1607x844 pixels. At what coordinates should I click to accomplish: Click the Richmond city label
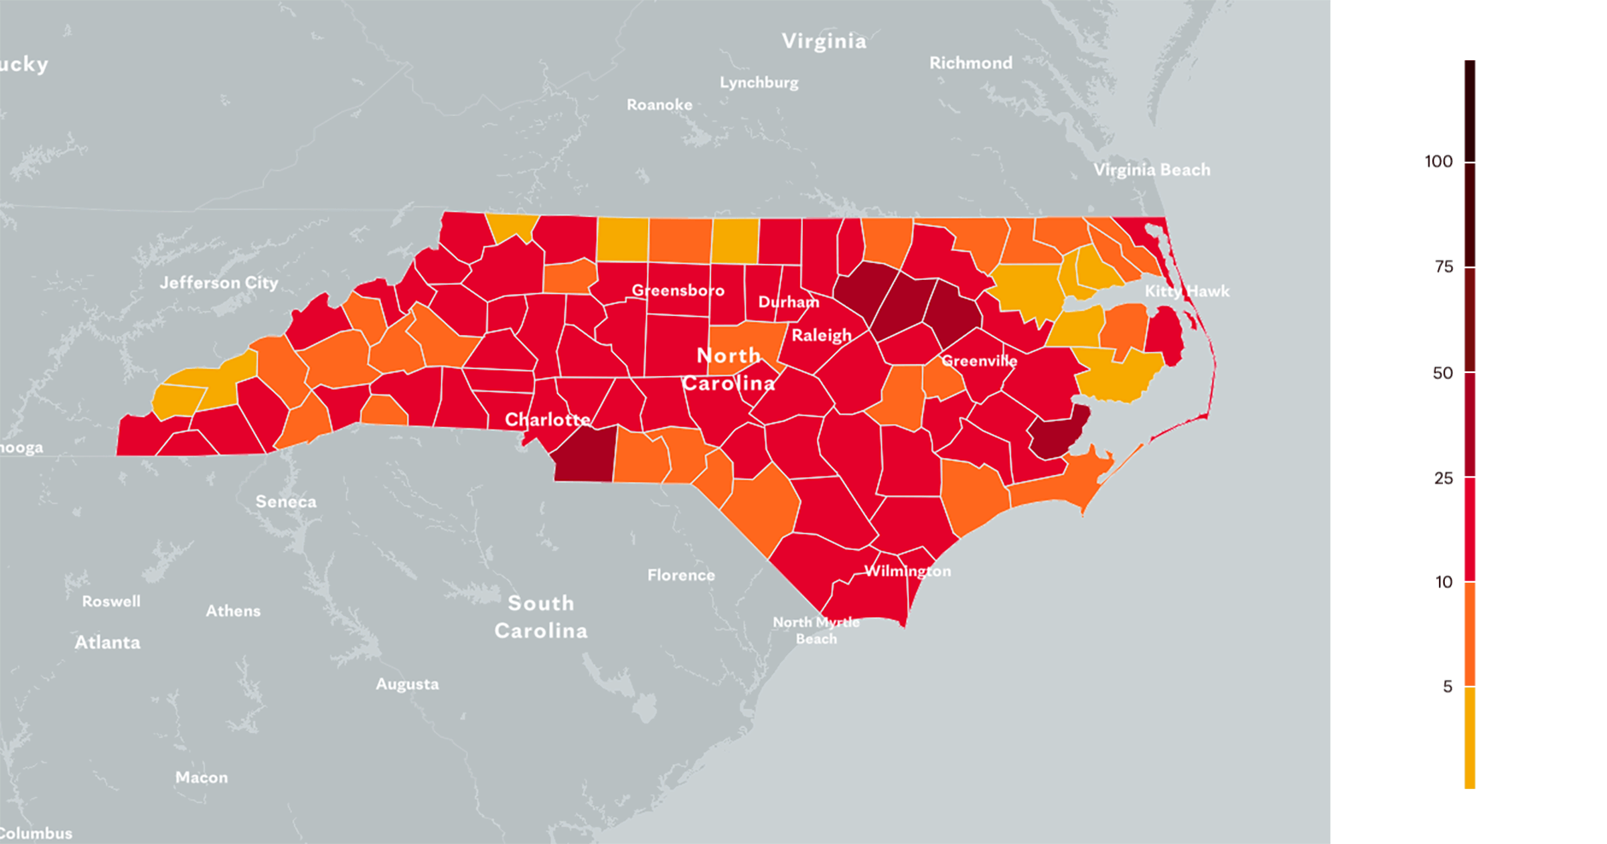970,63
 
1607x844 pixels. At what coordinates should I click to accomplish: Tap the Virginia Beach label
1152,169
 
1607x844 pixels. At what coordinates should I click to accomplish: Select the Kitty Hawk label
1187,291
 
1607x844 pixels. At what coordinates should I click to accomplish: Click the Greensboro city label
678,290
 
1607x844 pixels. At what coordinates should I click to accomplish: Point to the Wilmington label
907,571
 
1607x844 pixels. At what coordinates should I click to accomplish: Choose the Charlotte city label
547,419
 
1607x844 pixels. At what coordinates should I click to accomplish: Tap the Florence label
681,575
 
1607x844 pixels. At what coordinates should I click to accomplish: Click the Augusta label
407,684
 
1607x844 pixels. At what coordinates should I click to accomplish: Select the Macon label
202,777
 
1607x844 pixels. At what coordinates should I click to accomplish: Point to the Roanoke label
659,104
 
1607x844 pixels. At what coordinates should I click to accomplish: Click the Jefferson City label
219,283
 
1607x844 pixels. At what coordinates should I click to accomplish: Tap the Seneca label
286,501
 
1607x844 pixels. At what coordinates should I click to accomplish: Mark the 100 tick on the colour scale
1470,161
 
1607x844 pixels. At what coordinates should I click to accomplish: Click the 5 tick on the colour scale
1470,686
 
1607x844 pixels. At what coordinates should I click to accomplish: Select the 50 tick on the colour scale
1470,372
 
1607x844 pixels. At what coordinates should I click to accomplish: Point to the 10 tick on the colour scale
1470,581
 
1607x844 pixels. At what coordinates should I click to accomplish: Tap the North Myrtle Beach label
816,630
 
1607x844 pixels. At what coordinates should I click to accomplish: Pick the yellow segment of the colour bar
1470,737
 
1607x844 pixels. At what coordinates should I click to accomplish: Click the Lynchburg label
759,82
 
